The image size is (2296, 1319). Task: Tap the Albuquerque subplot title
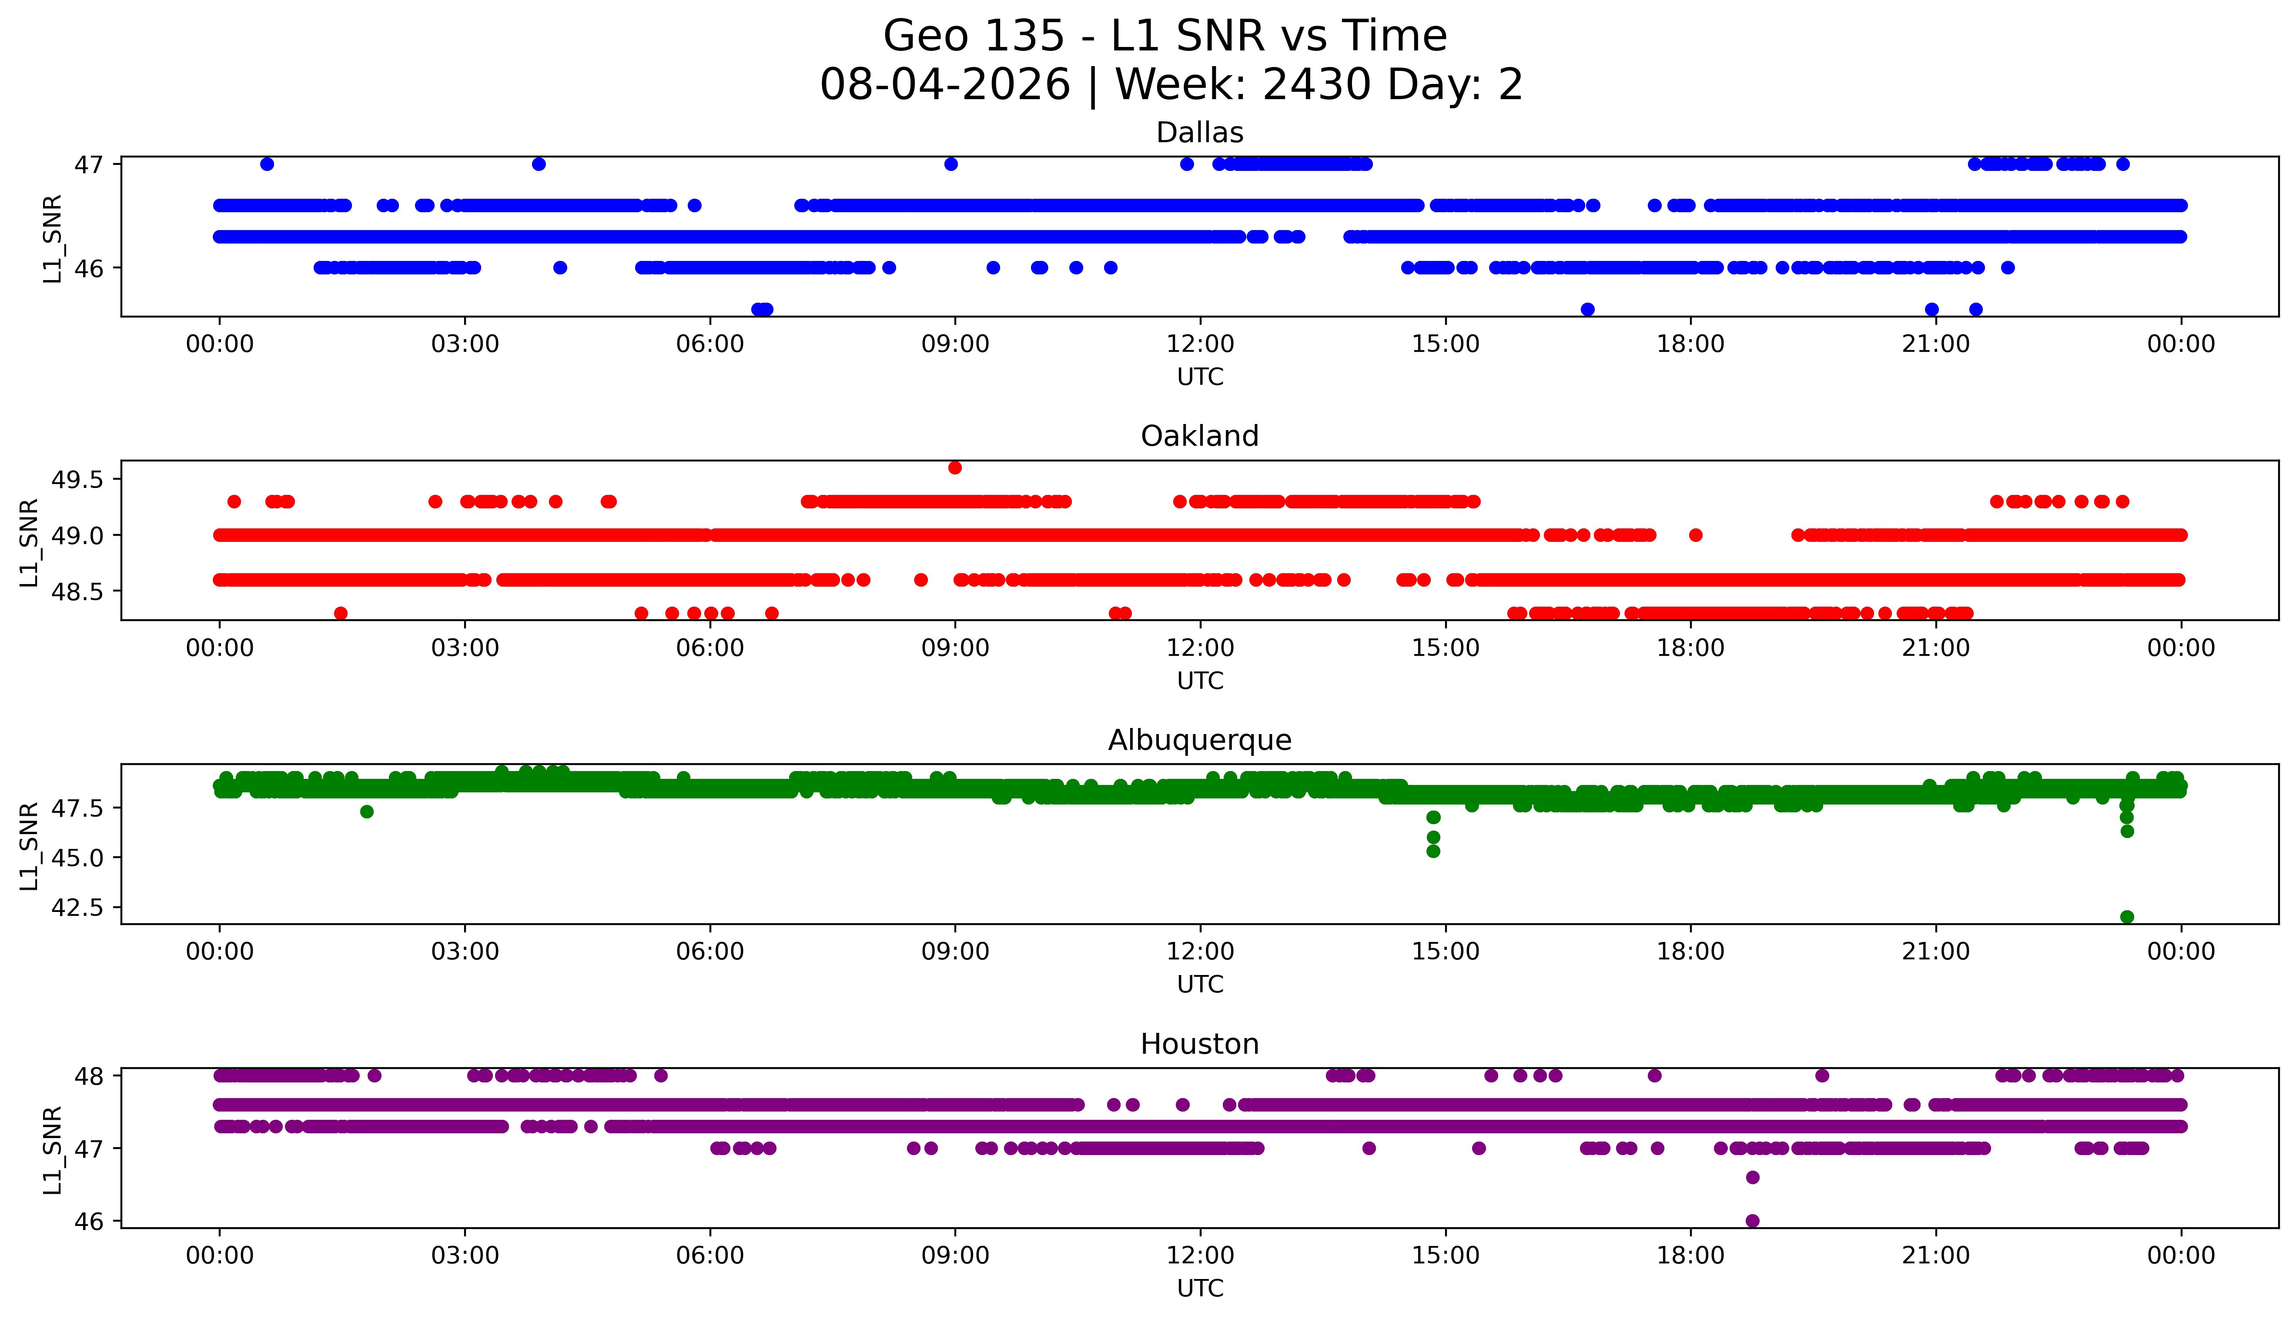pos(1200,740)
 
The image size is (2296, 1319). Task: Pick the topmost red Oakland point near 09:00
pos(955,467)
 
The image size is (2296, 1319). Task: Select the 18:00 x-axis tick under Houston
pos(1691,1256)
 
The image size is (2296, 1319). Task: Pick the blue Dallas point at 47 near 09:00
pos(951,164)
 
